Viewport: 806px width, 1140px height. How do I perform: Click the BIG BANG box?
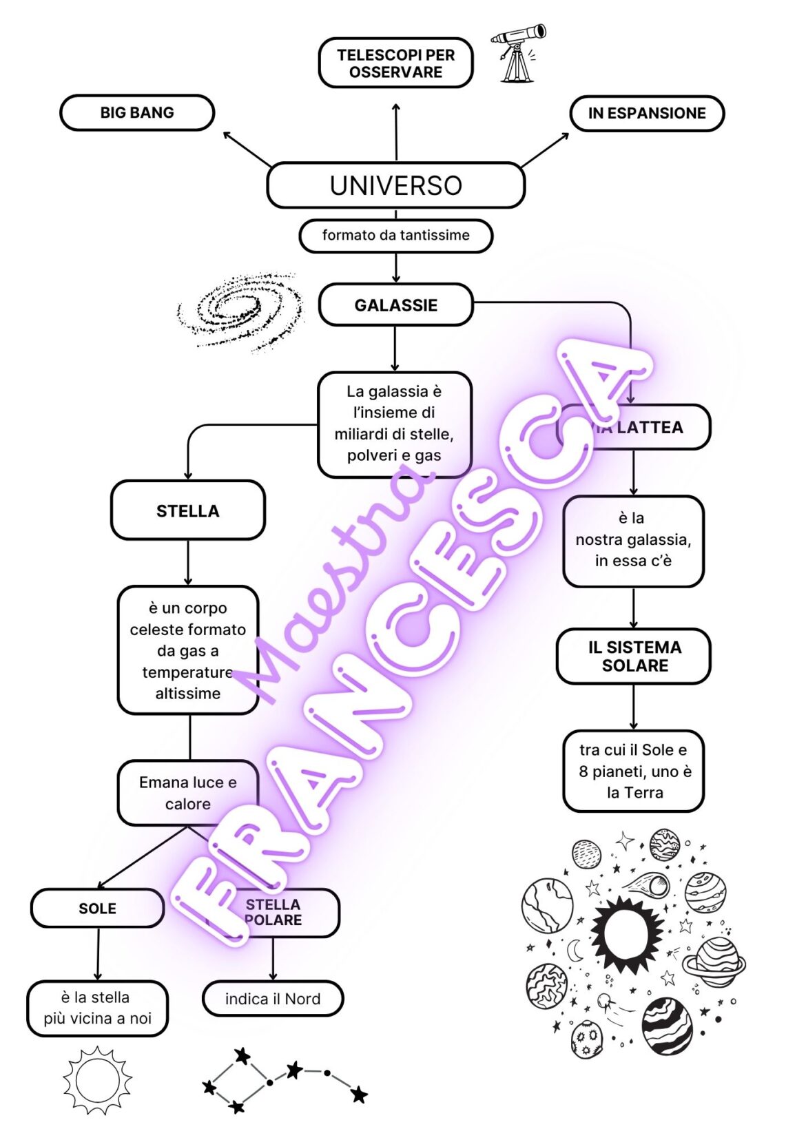pos(137,113)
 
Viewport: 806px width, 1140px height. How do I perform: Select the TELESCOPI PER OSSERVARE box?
pos(395,63)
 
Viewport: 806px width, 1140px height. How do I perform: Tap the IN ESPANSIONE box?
pos(647,114)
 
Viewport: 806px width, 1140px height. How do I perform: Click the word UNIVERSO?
pos(395,186)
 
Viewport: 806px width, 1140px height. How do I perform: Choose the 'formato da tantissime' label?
pos(395,236)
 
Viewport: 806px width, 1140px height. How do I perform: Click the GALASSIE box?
pos(395,305)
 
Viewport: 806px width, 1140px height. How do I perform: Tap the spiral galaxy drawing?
pos(241,311)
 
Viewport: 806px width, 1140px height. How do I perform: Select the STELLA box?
pos(187,511)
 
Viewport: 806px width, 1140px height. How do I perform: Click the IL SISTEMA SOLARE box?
pos(634,656)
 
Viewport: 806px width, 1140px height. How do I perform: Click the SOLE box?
pos(97,909)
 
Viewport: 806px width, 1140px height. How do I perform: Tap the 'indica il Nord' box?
pos(273,999)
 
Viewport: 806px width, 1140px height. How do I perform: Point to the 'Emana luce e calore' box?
pos(187,793)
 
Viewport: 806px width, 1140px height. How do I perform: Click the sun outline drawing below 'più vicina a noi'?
pos(97,1080)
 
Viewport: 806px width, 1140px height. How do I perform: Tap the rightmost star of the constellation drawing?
pos(359,1094)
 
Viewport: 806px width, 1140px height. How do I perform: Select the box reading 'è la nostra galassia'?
pos(633,540)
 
